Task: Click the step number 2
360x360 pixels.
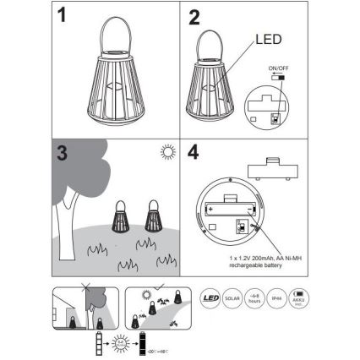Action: pyautogui.click(x=195, y=17)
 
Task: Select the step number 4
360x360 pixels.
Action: pyautogui.click(x=195, y=155)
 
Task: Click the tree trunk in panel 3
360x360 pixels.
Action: pyautogui.click(x=63, y=229)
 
